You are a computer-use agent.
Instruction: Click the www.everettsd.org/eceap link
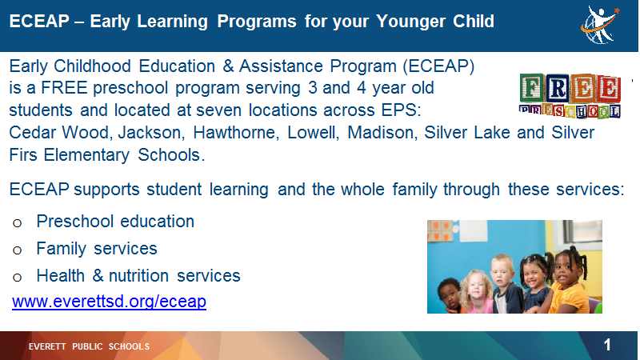click(x=109, y=302)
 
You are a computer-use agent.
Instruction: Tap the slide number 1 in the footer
click(x=607, y=346)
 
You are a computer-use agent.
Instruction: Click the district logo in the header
click(x=600, y=25)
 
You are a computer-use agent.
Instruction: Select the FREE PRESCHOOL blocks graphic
click(x=570, y=96)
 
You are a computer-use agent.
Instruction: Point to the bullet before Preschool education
click(x=17, y=223)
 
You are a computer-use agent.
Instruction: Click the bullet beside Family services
click(x=17, y=250)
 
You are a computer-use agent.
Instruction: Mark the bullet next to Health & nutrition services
click(x=17, y=278)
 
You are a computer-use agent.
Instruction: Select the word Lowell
click(x=313, y=133)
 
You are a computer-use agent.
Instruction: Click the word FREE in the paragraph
click(x=64, y=88)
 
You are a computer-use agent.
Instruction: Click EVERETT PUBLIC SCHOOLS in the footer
click(x=89, y=346)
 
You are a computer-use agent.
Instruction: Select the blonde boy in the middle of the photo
click(x=506, y=284)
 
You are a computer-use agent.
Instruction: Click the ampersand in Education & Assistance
click(x=228, y=66)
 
